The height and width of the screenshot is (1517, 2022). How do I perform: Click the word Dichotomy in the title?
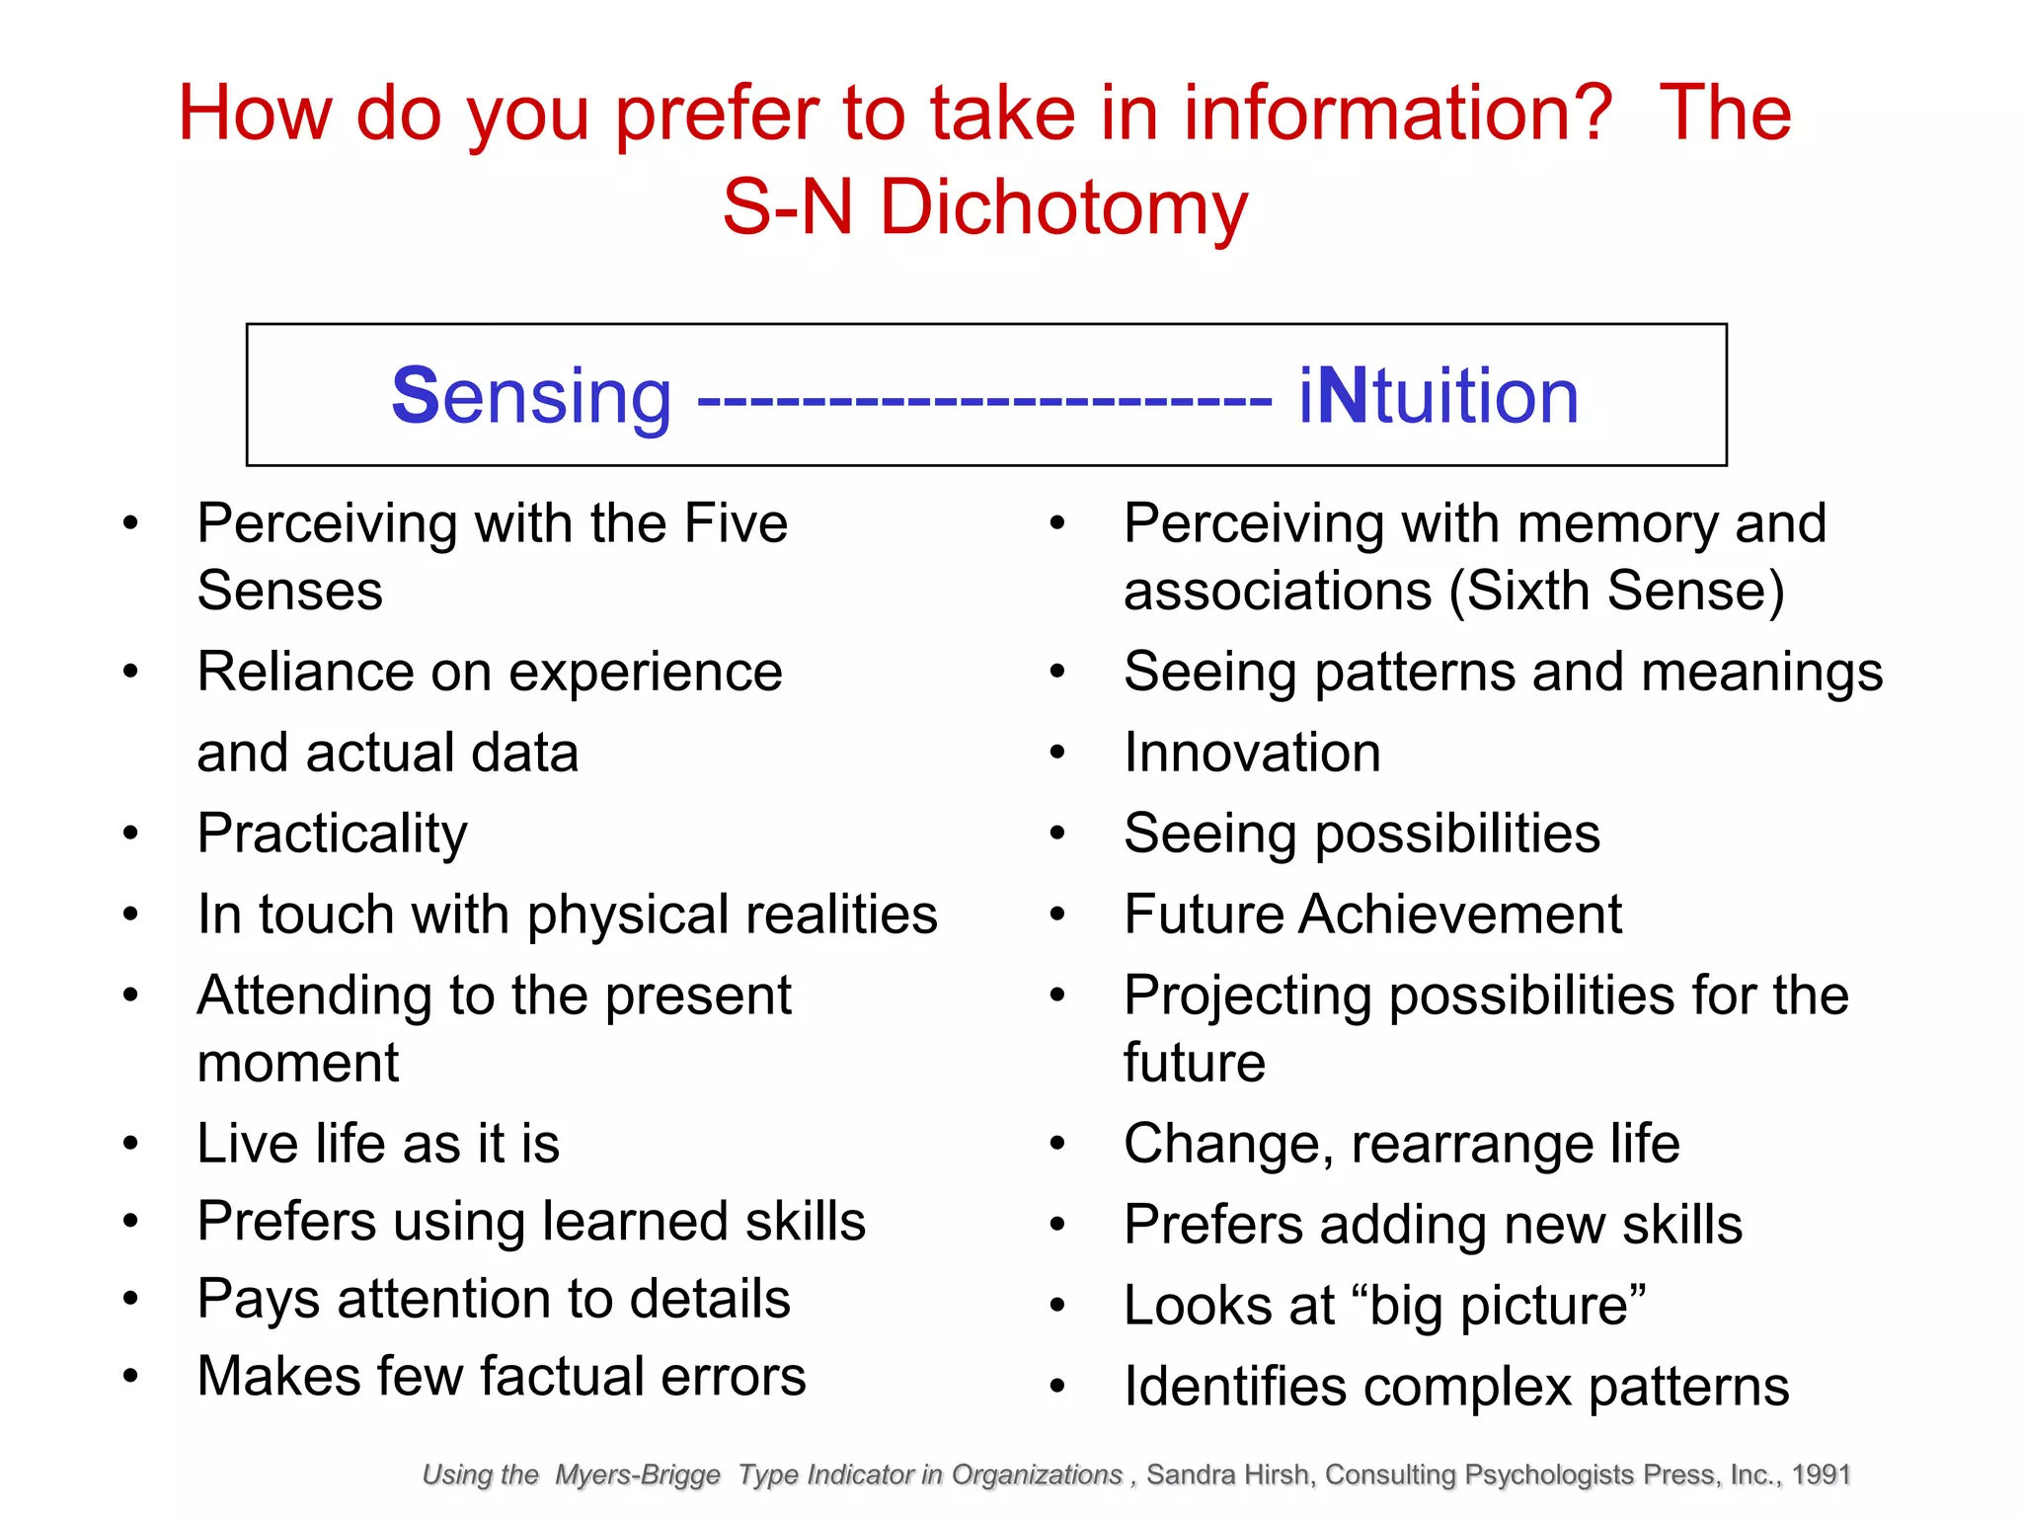coord(1063,208)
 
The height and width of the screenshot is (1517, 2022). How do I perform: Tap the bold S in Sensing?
coord(415,395)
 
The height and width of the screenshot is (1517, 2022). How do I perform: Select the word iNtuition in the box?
coord(1439,395)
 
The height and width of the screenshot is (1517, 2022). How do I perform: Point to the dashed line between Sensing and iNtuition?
coord(984,400)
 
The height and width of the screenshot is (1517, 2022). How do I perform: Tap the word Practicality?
coord(332,834)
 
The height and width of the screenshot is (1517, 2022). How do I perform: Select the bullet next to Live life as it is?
coord(130,1144)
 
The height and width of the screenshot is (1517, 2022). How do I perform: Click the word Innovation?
coord(1252,753)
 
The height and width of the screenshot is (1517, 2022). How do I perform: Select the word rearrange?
coord(1472,1144)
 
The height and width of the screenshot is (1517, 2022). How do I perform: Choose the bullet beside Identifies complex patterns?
coord(1057,1387)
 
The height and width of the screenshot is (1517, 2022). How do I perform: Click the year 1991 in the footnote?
coord(1821,1475)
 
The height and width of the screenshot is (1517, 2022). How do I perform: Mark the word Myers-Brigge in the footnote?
coord(638,1475)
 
